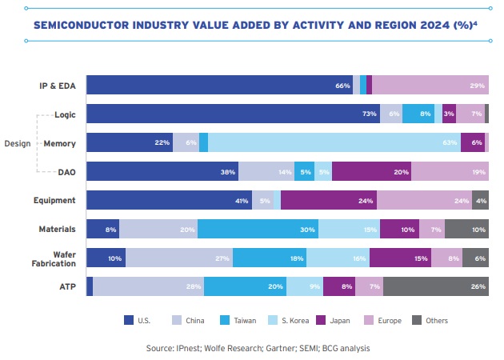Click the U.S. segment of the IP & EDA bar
click(219, 86)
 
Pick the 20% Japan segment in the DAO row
click(371, 171)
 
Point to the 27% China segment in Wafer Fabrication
click(178, 258)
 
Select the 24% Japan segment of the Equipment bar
click(329, 200)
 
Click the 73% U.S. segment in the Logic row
click(233, 114)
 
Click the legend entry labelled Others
click(430, 320)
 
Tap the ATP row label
click(67, 286)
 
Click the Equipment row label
click(55, 200)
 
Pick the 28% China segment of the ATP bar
click(148, 286)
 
